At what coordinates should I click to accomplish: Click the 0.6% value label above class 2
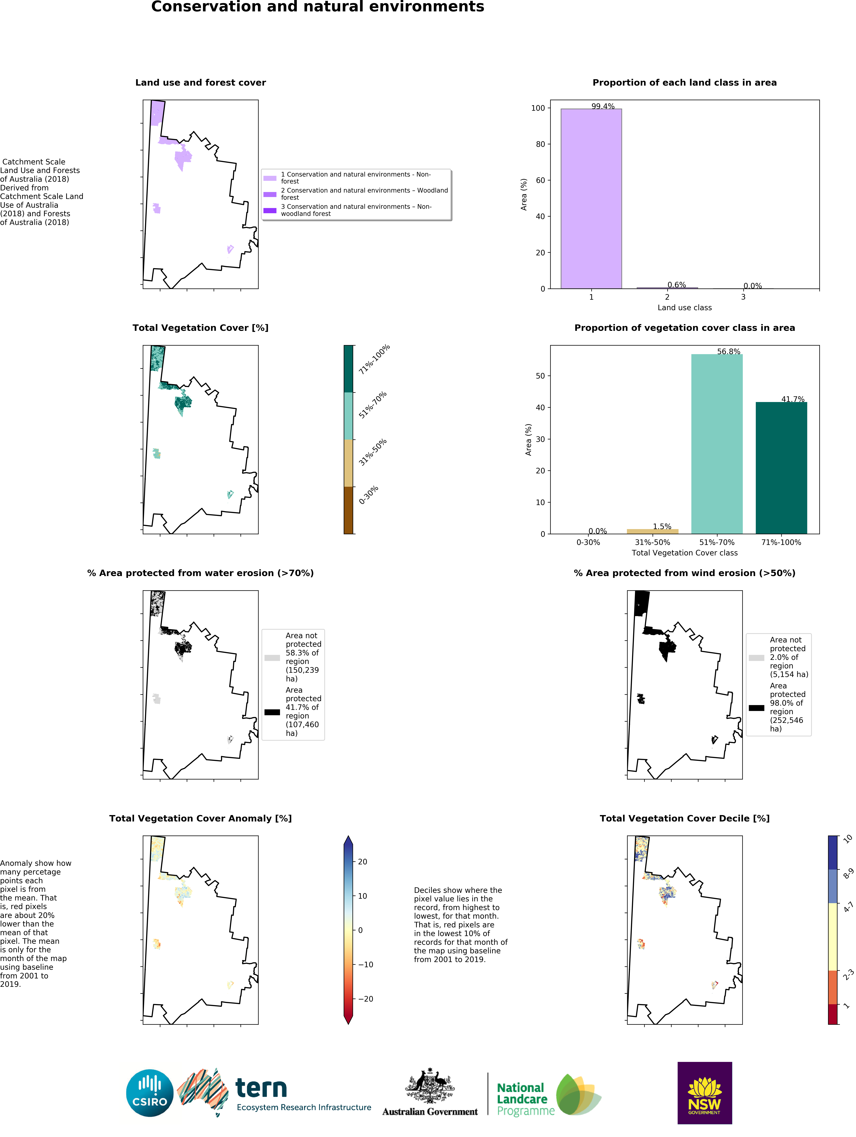tap(676, 285)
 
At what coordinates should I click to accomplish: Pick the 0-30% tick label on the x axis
tap(588, 542)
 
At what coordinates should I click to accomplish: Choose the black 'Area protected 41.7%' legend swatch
tap(272, 712)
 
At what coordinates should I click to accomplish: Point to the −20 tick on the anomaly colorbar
tap(365, 999)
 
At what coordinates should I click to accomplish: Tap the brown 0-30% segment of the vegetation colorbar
tap(348, 510)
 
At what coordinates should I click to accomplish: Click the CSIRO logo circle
tap(150, 1093)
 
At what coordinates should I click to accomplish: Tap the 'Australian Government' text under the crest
tap(430, 1112)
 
